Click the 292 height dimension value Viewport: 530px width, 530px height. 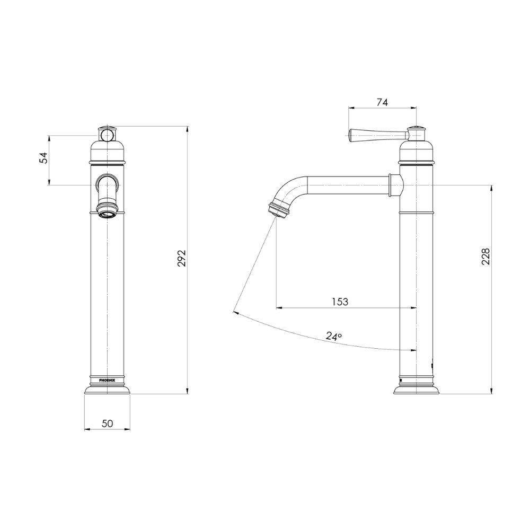[x=182, y=258]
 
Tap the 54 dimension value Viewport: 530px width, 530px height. [x=44, y=158]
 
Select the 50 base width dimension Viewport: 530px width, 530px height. [x=107, y=423]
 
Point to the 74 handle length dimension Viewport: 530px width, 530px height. [x=382, y=102]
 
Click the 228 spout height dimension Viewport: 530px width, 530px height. [x=485, y=257]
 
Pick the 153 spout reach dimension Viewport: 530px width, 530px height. [x=340, y=302]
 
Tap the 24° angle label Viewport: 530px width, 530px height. [x=334, y=335]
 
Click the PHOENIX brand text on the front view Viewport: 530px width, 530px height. [x=107, y=380]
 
